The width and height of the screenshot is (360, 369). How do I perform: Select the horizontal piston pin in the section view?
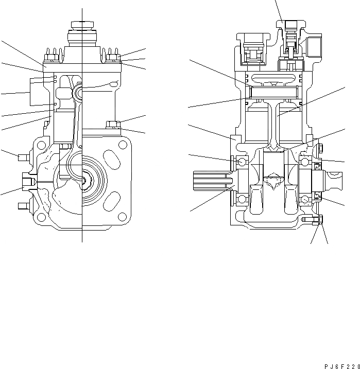pos(273,92)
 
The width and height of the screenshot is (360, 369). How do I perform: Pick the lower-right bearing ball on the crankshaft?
pos(305,199)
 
